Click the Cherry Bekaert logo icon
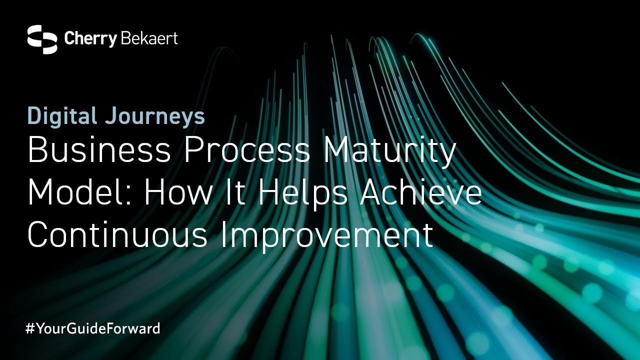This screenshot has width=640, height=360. click(42, 39)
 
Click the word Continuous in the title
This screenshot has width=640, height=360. click(118, 235)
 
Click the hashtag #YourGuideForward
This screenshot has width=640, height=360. click(92, 328)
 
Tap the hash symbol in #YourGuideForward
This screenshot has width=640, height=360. click(29, 328)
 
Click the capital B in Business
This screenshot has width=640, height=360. click(37, 151)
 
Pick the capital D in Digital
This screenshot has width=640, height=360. click(34, 116)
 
